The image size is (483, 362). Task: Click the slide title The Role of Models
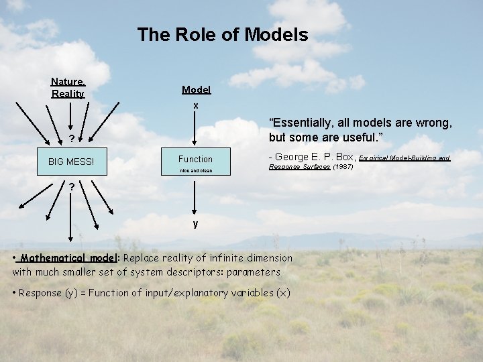click(x=222, y=34)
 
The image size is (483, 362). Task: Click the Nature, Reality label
click(x=68, y=88)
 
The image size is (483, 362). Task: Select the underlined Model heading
click(x=196, y=90)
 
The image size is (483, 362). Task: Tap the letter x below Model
click(x=196, y=106)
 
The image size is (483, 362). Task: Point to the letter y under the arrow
click(x=195, y=224)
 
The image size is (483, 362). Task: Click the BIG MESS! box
click(x=71, y=162)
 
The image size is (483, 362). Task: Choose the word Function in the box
click(x=195, y=159)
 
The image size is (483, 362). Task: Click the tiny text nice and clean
click(x=195, y=171)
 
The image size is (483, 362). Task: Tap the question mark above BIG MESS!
click(x=71, y=140)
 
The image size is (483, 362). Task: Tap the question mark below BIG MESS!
click(x=71, y=186)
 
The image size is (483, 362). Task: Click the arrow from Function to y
click(x=195, y=194)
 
